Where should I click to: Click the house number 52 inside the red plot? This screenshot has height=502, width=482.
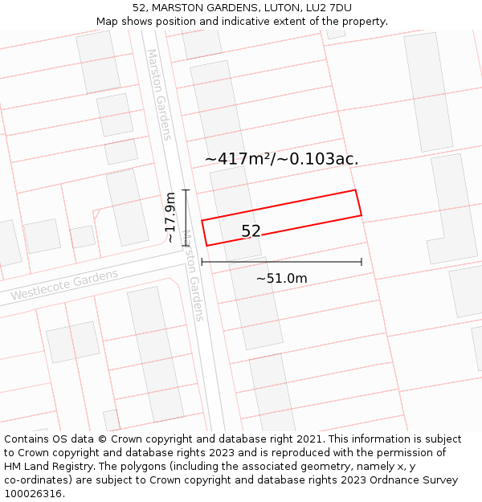click(251, 231)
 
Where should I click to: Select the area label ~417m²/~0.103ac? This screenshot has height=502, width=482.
click(281, 159)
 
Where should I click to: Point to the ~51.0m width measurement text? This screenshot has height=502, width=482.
click(281, 279)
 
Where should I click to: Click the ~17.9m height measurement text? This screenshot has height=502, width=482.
click(170, 217)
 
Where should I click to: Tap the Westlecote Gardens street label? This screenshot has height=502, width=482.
click(64, 285)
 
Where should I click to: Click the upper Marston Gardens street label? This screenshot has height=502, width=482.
click(158, 94)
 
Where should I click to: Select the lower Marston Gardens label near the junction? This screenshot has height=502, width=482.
click(193, 275)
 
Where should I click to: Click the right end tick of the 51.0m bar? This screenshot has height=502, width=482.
click(361, 261)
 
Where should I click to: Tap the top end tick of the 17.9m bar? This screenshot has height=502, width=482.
click(186, 190)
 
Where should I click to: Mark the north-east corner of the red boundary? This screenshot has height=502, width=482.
click(355, 190)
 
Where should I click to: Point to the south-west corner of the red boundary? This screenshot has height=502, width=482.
click(206, 246)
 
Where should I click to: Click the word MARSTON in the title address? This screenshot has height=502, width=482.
click(184, 8)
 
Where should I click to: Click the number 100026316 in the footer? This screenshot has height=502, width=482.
click(34, 493)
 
